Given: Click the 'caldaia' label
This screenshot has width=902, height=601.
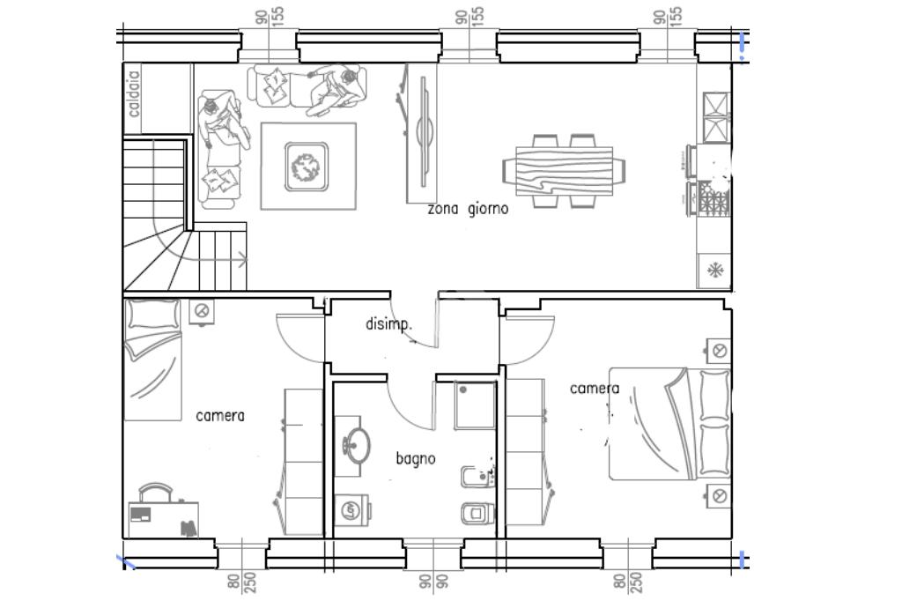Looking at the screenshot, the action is pyautogui.click(x=134, y=93).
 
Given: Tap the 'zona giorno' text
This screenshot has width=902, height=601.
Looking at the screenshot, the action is pyautogui.click(x=468, y=208).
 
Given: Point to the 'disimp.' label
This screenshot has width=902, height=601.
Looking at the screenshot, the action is pyautogui.click(x=388, y=324).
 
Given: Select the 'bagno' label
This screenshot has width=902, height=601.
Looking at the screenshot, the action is pyautogui.click(x=416, y=459).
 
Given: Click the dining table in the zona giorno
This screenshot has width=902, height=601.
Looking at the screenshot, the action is pyautogui.click(x=564, y=171).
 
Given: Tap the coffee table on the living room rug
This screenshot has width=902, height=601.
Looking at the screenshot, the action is pyautogui.click(x=307, y=167).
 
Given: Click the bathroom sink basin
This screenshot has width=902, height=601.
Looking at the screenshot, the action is pyautogui.click(x=357, y=446).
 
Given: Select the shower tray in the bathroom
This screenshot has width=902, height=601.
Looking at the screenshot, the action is pyautogui.click(x=475, y=405).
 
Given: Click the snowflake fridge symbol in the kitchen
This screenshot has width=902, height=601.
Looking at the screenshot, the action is pyautogui.click(x=714, y=270).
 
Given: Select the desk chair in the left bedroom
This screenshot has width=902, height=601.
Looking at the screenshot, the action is pyautogui.click(x=155, y=493).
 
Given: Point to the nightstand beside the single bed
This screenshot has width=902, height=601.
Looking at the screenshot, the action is pyautogui.click(x=202, y=311).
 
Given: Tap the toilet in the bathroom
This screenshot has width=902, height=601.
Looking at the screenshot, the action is pyautogui.click(x=477, y=511).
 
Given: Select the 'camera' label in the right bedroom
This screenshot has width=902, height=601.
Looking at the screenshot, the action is pyautogui.click(x=595, y=389).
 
